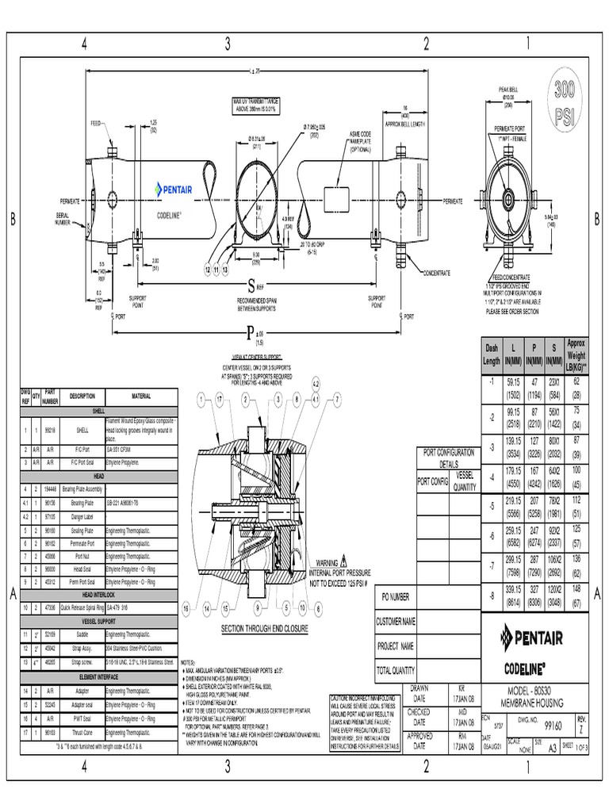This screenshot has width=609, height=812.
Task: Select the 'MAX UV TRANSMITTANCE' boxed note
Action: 255,105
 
